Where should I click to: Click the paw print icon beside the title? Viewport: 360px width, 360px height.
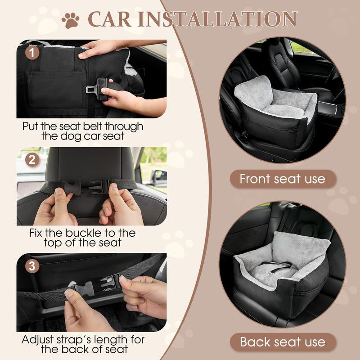70,20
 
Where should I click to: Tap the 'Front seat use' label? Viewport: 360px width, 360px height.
282,179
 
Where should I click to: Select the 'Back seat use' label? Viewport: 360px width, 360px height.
282,342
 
